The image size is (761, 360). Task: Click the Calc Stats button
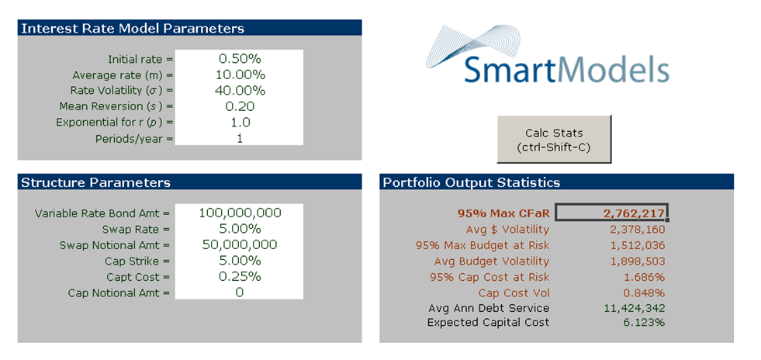point(554,140)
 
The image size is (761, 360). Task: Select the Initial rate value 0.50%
point(240,58)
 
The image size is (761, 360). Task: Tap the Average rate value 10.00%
point(240,74)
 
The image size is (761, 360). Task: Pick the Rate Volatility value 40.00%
point(240,90)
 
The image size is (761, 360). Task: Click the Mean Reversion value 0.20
point(240,106)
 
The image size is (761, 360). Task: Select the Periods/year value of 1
point(240,137)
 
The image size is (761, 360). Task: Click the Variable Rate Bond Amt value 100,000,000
point(240,213)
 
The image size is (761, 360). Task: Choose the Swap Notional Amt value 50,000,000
point(240,244)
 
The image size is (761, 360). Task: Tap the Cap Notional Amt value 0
point(240,292)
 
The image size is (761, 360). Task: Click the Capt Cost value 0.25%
point(240,276)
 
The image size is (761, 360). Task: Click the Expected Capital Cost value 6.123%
point(643,322)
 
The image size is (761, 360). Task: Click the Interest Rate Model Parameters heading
point(133,29)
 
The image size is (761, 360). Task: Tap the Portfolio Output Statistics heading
point(471,183)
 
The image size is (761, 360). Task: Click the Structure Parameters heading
point(95,183)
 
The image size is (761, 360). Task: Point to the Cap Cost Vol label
point(514,292)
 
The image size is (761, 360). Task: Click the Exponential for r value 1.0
point(240,122)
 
